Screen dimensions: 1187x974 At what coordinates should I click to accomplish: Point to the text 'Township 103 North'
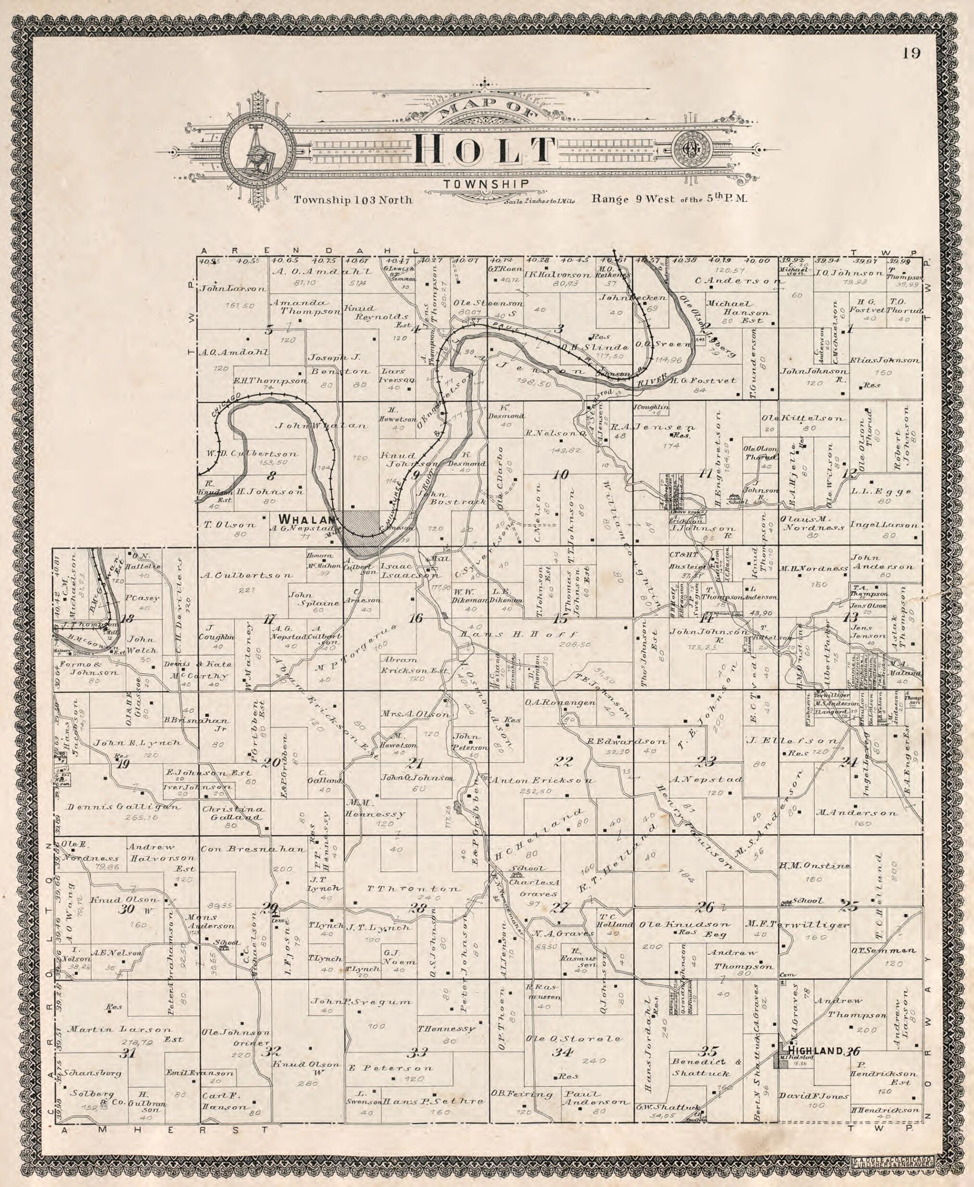(354, 200)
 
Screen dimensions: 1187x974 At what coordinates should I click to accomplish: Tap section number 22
(563, 762)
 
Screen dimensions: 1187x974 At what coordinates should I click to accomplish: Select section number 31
(129, 1053)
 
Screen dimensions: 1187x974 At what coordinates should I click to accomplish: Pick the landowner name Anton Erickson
(543, 780)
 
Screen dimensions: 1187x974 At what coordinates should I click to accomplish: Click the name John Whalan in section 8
(321, 425)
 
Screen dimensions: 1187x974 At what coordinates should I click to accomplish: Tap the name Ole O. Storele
(573, 1038)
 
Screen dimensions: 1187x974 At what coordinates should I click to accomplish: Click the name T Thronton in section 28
(414, 889)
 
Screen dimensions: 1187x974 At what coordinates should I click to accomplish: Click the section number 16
(415, 618)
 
